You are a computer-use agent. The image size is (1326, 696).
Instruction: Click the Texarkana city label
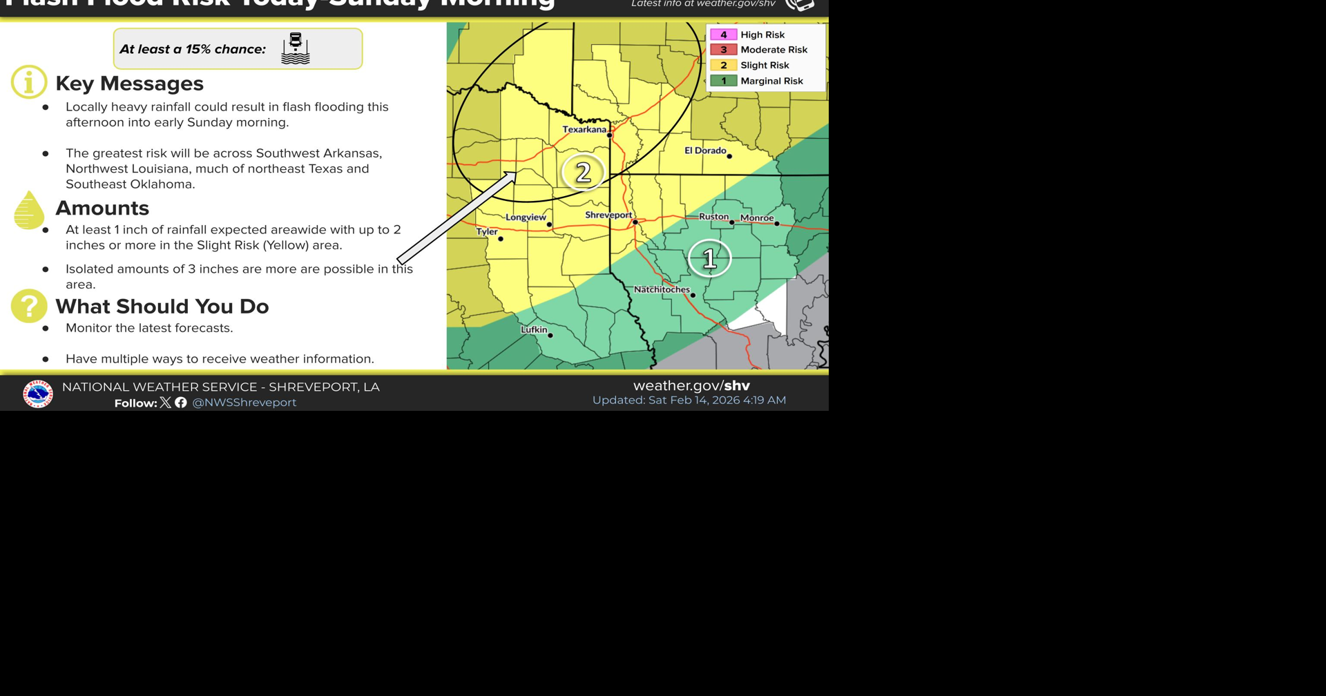pos(584,130)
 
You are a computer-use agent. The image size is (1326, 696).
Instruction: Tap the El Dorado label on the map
pos(704,151)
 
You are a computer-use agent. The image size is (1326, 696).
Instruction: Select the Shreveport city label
pos(608,215)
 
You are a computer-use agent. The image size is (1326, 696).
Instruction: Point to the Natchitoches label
pos(661,290)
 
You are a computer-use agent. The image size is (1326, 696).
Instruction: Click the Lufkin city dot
pos(550,336)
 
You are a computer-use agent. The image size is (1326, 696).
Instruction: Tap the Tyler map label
pos(486,232)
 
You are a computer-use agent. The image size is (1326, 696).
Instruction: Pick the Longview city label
pos(525,217)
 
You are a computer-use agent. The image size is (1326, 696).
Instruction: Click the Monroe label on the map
pos(756,218)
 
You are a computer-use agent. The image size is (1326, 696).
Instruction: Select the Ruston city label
pos(713,217)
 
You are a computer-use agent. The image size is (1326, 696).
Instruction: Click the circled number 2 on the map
pos(583,173)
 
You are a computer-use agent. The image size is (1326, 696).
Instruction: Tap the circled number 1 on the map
pos(709,258)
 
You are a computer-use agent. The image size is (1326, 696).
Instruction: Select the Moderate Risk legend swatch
pos(723,50)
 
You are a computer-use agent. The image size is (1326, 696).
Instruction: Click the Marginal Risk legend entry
pos(771,81)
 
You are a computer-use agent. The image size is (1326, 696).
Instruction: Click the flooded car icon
pos(296,48)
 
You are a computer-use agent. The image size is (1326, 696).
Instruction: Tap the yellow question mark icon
pos(29,306)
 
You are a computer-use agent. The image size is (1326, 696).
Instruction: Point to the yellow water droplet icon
pos(28,211)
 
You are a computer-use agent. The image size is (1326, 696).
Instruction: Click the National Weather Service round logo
pos(37,394)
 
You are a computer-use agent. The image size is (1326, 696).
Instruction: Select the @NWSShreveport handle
pos(244,403)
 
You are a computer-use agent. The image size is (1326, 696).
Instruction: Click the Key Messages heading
pos(129,84)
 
